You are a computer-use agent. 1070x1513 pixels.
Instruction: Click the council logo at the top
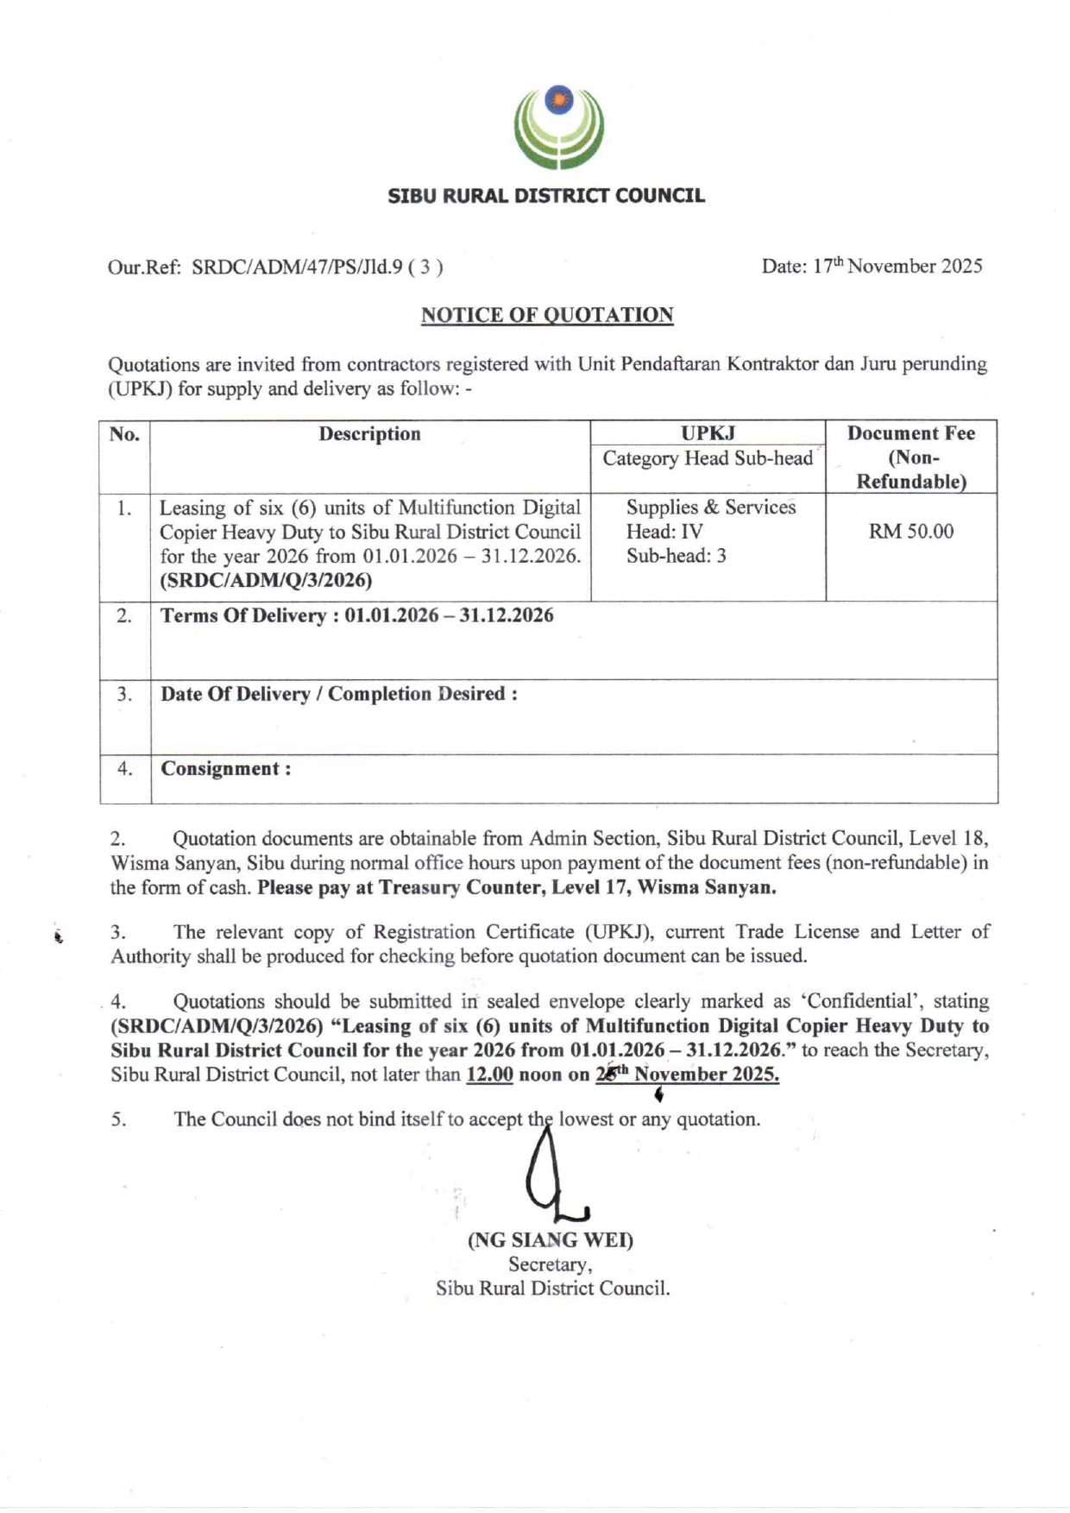click(x=559, y=127)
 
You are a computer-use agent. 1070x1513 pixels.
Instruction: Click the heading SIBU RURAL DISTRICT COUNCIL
click(x=545, y=196)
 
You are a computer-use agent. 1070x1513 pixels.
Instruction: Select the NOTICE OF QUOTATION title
click(x=547, y=315)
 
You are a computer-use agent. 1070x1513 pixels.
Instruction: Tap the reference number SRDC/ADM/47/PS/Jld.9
click(x=297, y=267)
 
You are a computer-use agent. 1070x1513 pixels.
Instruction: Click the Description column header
click(x=369, y=434)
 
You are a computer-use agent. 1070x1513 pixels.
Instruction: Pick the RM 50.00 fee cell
click(x=910, y=532)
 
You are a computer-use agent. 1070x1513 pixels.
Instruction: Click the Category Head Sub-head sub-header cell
click(x=708, y=458)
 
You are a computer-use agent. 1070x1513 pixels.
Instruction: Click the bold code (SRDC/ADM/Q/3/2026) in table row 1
click(x=267, y=580)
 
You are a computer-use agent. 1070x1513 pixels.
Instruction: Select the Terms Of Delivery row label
click(x=251, y=615)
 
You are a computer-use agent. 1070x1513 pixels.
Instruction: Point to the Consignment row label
click(x=225, y=768)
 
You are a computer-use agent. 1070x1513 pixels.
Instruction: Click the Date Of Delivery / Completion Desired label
click(x=338, y=694)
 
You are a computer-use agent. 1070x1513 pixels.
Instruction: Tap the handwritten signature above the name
click(x=552, y=1178)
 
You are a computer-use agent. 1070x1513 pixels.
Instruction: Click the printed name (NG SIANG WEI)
click(x=551, y=1240)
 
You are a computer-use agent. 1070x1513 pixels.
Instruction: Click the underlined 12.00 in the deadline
click(x=489, y=1075)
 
